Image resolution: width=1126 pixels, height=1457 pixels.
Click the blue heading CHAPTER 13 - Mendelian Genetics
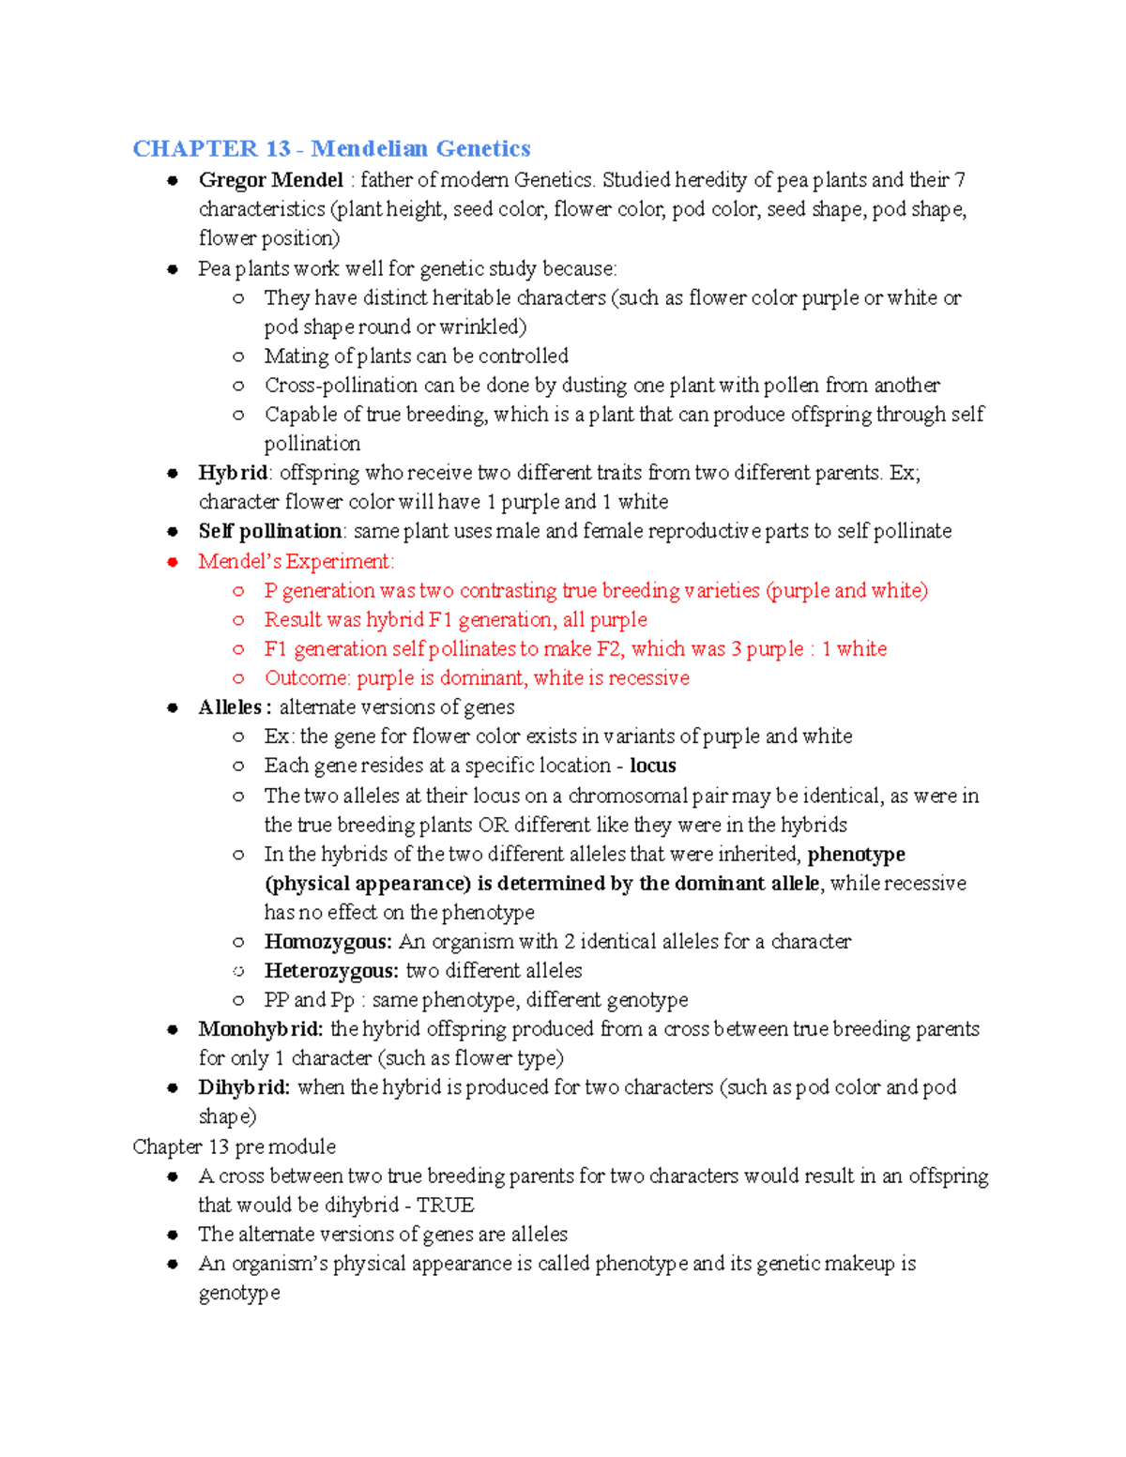click(x=331, y=148)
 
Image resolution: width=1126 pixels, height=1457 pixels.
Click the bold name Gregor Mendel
click(x=270, y=179)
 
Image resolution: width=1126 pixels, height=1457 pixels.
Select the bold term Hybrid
click(x=232, y=472)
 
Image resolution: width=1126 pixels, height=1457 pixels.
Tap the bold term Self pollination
click(x=269, y=531)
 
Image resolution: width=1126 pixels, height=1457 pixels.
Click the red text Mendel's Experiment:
click(x=296, y=561)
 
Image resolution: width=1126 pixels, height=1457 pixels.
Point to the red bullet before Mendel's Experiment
click(x=173, y=562)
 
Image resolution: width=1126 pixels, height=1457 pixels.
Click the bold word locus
click(x=652, y=766)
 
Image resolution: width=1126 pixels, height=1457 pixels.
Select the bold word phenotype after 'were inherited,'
click(x=856, y=854)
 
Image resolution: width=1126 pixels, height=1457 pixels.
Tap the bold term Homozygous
click(x=327, y=941)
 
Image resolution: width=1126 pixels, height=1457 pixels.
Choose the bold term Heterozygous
click(x=331, y=970)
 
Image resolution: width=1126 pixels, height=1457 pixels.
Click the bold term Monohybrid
click(x=260, y=1029)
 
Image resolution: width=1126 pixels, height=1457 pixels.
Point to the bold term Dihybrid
click(x=244, y=1087)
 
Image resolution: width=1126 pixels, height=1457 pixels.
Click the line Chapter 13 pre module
click(x=234, y=1146)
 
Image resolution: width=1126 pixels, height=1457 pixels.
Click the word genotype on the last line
click(x=239, y=1293)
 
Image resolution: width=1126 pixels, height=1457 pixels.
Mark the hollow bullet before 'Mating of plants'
click(x=238, y=357)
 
